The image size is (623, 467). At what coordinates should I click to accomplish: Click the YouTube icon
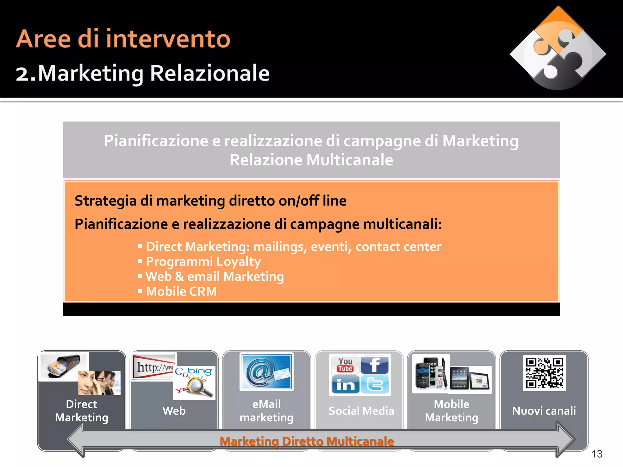[345, 365]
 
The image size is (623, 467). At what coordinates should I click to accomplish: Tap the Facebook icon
[374, 365]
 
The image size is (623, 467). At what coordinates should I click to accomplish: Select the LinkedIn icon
[345, 385]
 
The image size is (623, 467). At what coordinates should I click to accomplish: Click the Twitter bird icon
[374, 384]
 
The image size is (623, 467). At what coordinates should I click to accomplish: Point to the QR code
[544, 373]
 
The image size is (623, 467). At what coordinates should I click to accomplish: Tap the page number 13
[597, 454]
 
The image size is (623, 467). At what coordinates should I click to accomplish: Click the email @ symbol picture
[266, 372]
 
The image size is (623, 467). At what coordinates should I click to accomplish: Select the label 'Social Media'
[361, 411]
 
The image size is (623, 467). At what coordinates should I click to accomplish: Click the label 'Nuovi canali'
[544, 411]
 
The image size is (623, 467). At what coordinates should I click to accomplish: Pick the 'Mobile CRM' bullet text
[181, 291]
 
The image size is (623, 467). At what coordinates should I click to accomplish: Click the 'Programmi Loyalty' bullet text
[203, 261]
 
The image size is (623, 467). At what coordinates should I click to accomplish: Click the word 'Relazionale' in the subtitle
[210, 74]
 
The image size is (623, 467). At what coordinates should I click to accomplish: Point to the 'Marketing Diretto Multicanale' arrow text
[307, 441]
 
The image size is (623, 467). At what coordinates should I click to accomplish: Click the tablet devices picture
[470, 379]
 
